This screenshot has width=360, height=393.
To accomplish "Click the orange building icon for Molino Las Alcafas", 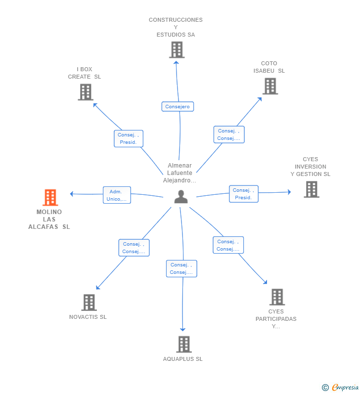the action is coord(50,197).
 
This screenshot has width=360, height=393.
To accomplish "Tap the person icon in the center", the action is coord(181,197).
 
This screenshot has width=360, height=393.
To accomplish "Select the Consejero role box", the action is coord(178,106).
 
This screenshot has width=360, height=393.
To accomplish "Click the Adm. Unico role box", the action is coord(117,195).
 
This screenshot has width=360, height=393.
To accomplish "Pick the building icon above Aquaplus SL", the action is coord(184,344).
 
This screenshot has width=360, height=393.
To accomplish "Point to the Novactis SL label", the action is coord(88,317).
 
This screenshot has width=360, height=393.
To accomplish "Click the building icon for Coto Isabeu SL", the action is coord(270,86).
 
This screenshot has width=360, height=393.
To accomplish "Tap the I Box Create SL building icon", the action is coord(86,92).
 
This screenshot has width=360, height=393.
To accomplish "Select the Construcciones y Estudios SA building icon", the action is coord(177,49).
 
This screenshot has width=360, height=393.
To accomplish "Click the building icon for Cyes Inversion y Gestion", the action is coord(312,189).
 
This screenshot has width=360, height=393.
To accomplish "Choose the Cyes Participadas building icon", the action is coord(277,297).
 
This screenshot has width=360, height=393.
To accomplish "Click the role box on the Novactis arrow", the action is coord(134,248).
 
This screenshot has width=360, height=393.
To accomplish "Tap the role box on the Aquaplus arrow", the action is coord(181,268).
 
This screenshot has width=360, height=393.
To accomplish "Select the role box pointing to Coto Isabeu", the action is coord(229,134).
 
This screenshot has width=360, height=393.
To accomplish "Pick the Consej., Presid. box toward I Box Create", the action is coord(129,138).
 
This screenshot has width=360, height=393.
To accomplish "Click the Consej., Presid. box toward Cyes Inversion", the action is coord(243,194).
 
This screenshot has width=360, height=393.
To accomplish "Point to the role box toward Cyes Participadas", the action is coord(228,245).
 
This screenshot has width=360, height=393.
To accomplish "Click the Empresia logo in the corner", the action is coord(340,388).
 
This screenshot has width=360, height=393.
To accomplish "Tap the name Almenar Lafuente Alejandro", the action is coord(180,173).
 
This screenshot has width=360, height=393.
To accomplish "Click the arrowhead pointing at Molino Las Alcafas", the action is coord(72,194).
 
